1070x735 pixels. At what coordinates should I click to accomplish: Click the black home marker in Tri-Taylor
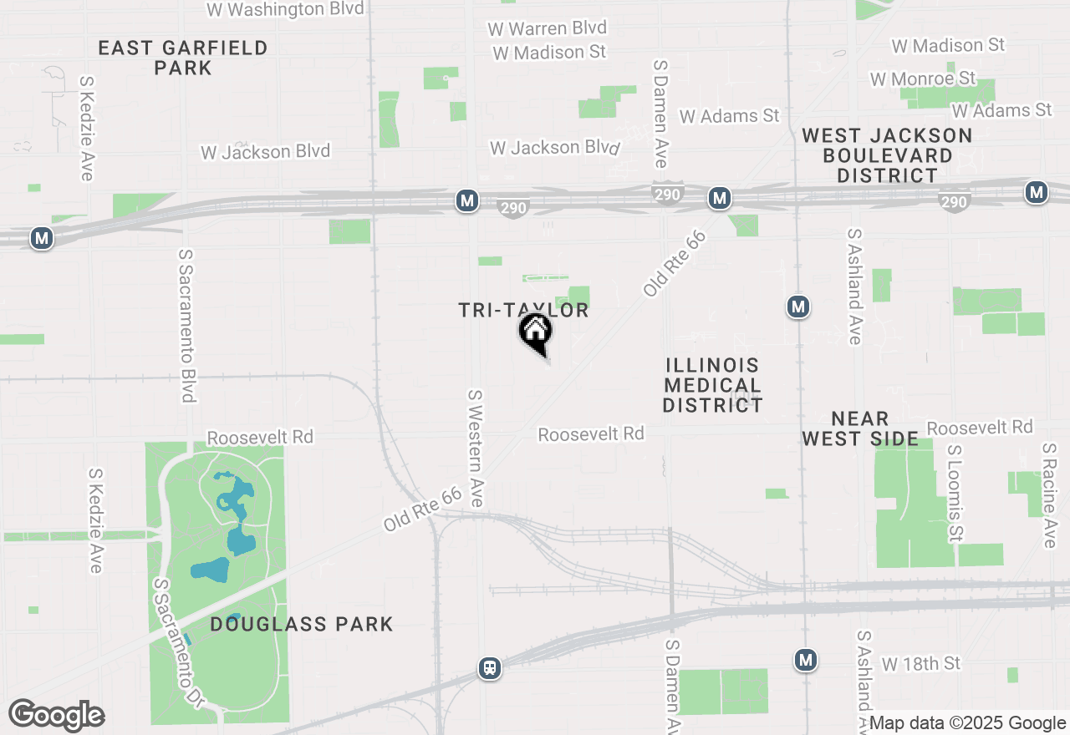pyautogui.click(x=536, y=332)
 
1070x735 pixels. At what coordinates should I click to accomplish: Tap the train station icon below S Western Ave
pyautogui.click(x=490, y=668)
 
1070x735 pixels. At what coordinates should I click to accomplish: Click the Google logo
pyautogui.click(x=57, y=715)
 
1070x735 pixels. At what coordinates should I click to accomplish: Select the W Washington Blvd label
pyautogui.click(x=285, y=9)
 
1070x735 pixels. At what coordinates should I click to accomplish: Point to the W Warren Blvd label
pyautogui.click(x=548, y=28)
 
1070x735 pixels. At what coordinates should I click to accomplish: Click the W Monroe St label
pyautogui.click(x=923, y=79)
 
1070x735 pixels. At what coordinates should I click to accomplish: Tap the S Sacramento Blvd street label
pyautogui.click(x=186, y=325)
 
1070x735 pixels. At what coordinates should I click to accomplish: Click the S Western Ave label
pyautogui.click(x=476, y=448)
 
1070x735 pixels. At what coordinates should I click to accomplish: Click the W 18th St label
pyautogui.click(x=921, y=663)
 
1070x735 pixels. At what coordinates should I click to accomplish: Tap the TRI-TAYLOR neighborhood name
pyautogui.click(x=524, y=311)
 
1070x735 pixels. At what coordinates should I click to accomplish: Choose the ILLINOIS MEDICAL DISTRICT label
pyautogui.click(x=713, y=385)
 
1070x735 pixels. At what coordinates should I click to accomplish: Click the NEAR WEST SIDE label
pyautogui.click(x=860, y=428)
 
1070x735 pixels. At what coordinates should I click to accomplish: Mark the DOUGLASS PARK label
pyautogui.click(x=301, y=624)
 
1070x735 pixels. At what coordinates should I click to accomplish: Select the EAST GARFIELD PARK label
pyautogui.click(x=183, y=58)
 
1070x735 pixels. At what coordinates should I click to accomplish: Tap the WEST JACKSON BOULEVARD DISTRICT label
pyautogui.click(x=887, y=155)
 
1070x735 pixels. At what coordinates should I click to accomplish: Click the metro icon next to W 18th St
pyautogui.click(x=805, y=660)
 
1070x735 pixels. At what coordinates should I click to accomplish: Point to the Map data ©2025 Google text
pyautogui.click(x=966, y=723)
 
